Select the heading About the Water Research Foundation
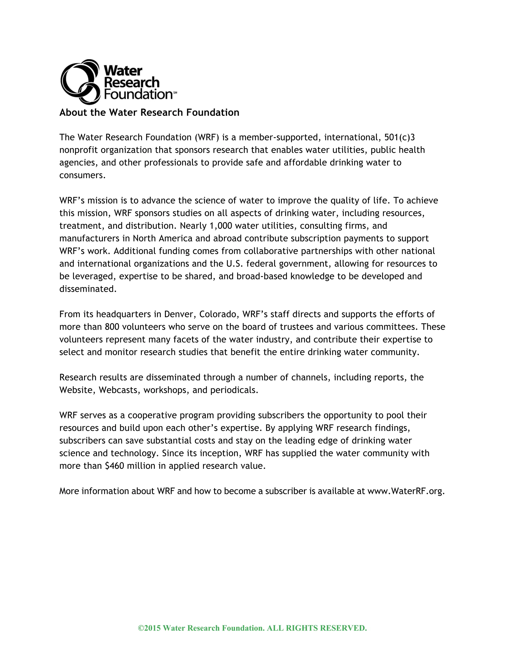pos(149,112)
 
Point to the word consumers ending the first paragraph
pos(82,175)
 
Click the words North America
pos(162,238)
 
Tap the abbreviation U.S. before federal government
pos(233,264)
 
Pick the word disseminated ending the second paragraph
pos(87,289)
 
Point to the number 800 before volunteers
pos(112,327)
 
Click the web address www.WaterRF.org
pos(406,491)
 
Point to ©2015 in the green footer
pos(149,628)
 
